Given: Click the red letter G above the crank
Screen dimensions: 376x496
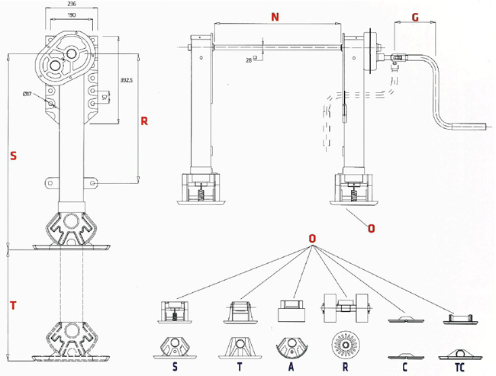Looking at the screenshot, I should pos(415,17).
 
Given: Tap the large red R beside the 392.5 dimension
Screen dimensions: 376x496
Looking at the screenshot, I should pos(143,121).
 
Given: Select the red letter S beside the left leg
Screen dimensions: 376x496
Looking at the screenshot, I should pos(13,156).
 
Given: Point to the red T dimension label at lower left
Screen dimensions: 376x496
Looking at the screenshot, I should pos(13,306).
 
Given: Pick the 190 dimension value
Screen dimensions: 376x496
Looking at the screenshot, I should pos(72,14).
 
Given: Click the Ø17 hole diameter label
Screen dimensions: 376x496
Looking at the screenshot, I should pos(26,95).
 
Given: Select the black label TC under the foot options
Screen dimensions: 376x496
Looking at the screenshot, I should pos(458,368).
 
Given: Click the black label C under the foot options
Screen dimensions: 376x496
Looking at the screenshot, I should pos(404,368).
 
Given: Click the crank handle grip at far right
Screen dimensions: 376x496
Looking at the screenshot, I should pos(465,126).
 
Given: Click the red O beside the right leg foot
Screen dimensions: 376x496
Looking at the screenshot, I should pos(372,227).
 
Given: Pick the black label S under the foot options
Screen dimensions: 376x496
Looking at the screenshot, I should pos(176,368).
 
